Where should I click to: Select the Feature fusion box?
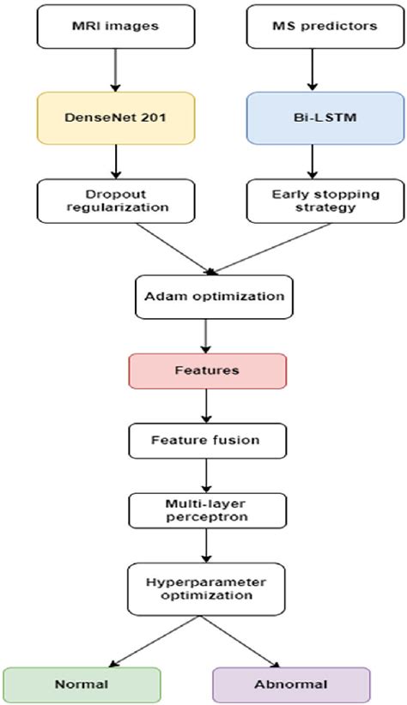205,440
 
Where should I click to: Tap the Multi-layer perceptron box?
205,510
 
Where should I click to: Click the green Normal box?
82,684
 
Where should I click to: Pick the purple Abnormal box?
291,684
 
